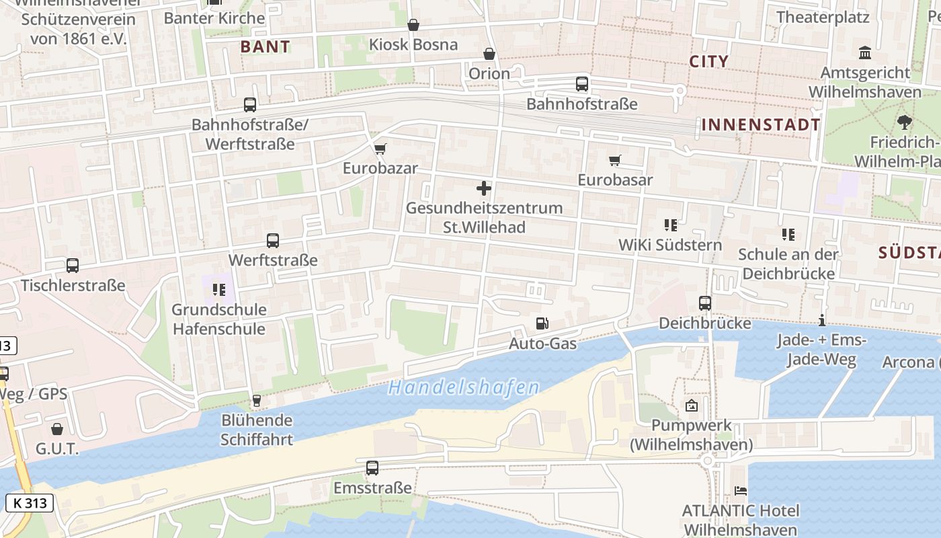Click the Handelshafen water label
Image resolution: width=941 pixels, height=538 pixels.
[x=464, y=388]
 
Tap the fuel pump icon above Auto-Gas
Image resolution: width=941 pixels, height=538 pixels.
[x=542, y=324]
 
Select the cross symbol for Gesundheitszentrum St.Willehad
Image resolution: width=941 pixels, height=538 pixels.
[x=483, y=188]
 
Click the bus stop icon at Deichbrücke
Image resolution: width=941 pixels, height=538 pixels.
[x=704, y=303]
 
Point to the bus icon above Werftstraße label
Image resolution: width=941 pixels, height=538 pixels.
[x=272, y=240]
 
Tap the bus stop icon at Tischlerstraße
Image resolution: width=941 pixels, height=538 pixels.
[x=72, y=266]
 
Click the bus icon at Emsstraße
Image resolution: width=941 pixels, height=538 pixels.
[x=372, y=468]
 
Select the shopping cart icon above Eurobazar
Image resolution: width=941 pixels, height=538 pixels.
[x=380, y=149]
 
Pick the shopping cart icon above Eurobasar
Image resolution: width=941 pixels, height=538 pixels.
[x=614, y=160]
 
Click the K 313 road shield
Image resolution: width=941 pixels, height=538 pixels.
[x=30, y=502]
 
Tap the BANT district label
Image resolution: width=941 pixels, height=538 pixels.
[x=265, y=46]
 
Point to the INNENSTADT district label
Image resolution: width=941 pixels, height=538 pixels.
[x=761, y=124]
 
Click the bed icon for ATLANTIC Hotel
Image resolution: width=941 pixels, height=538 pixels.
[x=740, y=491]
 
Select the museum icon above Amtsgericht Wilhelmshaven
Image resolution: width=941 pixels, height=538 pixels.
[x=865, y=52]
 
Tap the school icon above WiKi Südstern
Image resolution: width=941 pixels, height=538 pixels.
[x=670, y=225]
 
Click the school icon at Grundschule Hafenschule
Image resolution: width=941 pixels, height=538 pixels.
[x=218, y=290]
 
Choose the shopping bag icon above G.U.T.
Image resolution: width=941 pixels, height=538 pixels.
[x=57, y=429]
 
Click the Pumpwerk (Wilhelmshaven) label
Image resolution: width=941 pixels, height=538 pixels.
[x=691, y=435]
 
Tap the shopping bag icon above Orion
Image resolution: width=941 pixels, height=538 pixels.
[x=489, y=54]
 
